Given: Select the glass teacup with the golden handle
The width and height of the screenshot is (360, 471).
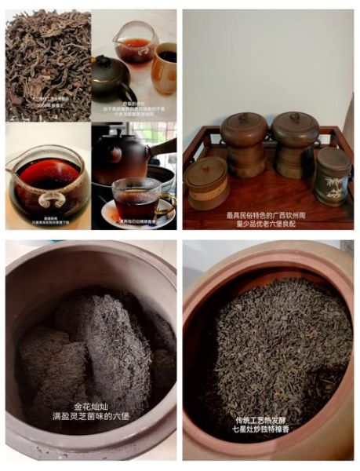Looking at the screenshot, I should click(135, 199).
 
